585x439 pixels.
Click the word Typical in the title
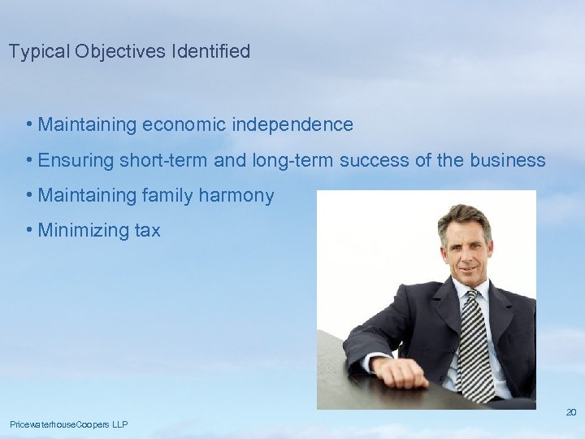point(39,52)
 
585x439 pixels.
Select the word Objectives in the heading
point(120,52)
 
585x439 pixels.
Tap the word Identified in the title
point(210,52)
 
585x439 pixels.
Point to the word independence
point(292,125)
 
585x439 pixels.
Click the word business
point(508,161)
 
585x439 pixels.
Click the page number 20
point(570,412)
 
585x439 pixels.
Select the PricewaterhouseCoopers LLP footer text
point(68,424)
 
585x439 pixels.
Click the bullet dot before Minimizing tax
point(29,231)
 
